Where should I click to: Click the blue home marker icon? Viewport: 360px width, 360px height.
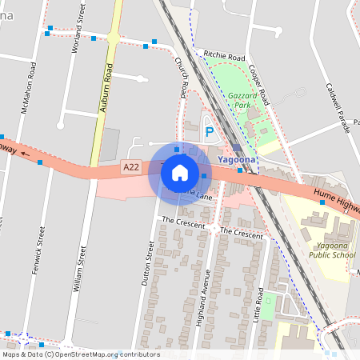click(x=179, y=172)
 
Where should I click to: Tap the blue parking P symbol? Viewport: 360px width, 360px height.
click(x=210, y=132)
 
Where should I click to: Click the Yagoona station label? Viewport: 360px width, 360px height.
click(x=236, y=159)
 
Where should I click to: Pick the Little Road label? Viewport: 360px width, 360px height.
click(x=258, y=308)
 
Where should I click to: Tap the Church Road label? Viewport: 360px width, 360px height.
click(x=182, y=76)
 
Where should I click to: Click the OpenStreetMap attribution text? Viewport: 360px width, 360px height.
click(x=80, y=354)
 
